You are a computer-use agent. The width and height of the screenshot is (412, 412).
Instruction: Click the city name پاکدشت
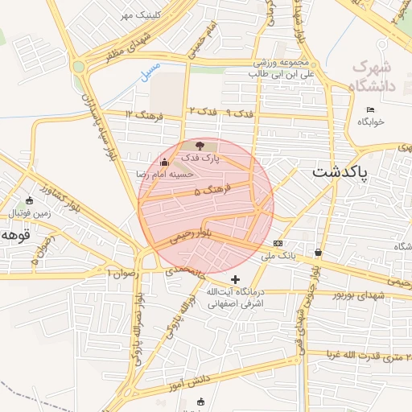(x=339, y=173)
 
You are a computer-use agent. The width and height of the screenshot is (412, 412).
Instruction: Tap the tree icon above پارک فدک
(x=200, y=145)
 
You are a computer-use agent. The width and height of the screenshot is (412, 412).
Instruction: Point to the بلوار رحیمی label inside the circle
(x=192, y=233)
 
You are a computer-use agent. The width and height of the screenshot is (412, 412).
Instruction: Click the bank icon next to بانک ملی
(x=278, y=243)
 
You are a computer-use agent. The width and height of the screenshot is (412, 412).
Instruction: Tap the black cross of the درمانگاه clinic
(x=235, y=278)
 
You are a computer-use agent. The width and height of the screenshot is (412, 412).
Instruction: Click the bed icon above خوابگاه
(x=370, y=109)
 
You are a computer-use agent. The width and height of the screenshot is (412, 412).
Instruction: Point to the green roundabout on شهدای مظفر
(x=78, y=67)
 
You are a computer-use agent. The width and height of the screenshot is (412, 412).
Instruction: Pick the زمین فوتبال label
(x=30, y=213)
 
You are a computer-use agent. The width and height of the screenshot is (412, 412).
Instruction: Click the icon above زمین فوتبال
(x=30, y=200)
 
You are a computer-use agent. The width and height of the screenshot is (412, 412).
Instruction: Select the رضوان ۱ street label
(x=123, y=274)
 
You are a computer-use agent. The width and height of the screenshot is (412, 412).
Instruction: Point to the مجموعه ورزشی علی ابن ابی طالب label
(x=262, y=68)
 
